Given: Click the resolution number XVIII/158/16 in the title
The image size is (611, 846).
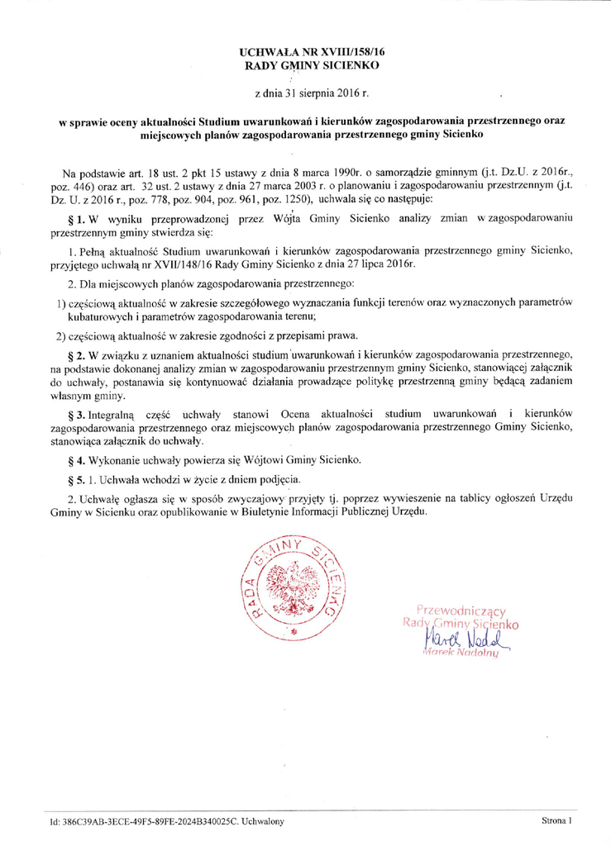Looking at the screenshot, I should click(351, 51).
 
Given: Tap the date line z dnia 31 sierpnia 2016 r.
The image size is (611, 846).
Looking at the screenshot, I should click(306, 89).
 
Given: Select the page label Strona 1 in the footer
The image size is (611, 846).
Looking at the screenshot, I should click(557, 822).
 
